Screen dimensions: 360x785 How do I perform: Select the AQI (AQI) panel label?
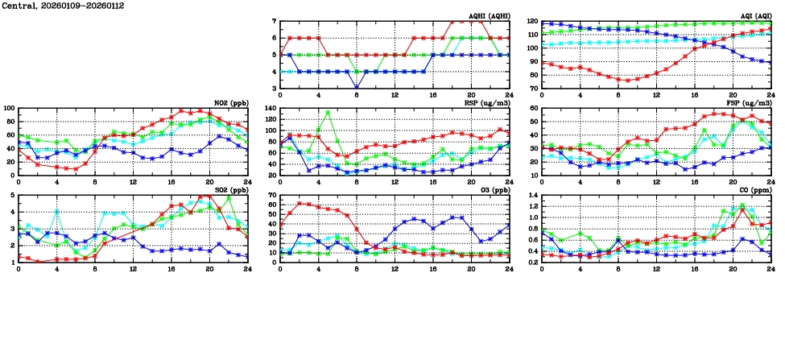750,15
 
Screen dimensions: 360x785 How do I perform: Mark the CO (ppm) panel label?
754,190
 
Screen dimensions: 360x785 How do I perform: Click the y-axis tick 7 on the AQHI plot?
275,22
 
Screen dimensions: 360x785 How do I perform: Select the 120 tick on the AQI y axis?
531,22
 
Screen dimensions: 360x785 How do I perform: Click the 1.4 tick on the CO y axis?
532,196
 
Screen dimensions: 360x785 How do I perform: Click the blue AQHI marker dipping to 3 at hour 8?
357,88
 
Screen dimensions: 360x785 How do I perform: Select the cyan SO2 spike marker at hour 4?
57,211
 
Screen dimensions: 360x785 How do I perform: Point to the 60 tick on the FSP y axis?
534,109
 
